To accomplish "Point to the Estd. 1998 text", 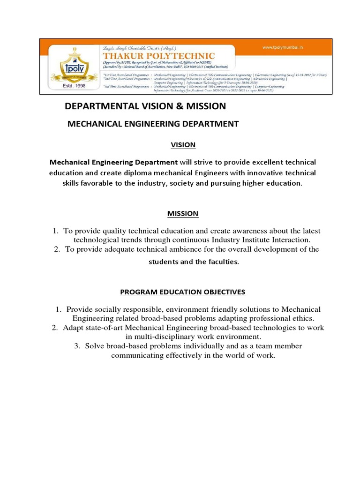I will [71, 87].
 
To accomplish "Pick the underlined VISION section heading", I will [183, 145].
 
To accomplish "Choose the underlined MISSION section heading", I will [183, 214].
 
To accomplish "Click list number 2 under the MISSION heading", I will [57, 249].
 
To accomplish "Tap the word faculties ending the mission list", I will [223, 262].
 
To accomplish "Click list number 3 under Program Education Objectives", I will [77, 346].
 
